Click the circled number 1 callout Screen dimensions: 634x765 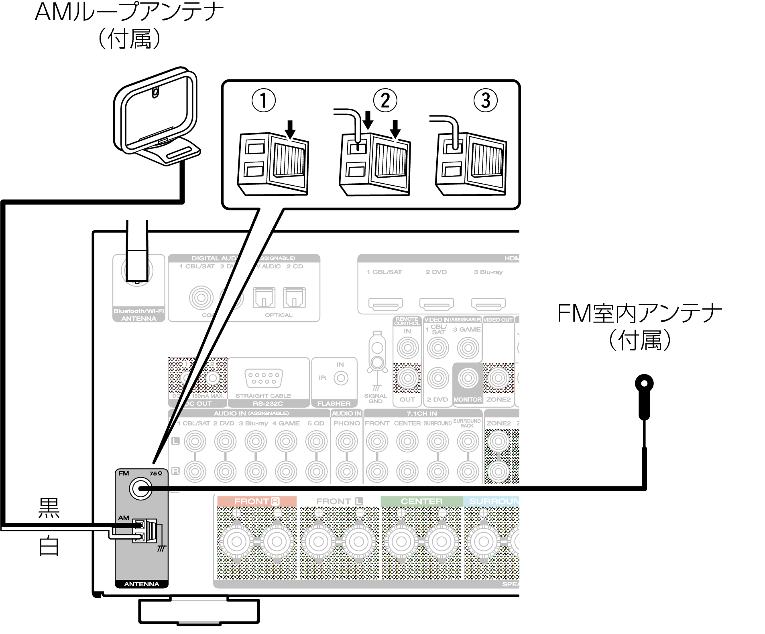(x=263, y=100)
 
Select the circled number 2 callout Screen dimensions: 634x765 (x=385, y=100)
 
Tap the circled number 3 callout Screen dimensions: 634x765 (x=485, y=100)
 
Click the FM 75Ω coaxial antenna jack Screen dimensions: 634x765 (x=140, y=489)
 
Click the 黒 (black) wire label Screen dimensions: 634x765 (x=49, y=508)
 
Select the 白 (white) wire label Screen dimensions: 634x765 (x=49, y=546)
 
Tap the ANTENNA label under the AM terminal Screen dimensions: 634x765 (x=141, y=584)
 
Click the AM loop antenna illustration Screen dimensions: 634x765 (x=157, y=116)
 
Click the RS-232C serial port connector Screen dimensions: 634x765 (x=264, y=378)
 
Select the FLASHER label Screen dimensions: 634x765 (x=334, y=403)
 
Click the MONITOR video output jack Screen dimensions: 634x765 (x=468, y=378)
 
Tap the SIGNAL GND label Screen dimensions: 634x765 (x=376, y=398)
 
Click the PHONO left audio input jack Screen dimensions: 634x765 (x=346, y=441)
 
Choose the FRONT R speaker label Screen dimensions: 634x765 (x=256, y=501)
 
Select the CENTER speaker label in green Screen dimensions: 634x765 (x=421, y=501)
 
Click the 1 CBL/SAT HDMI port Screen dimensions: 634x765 (x=385, y=304)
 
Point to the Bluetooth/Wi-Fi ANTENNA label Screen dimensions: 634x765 (x=139, y=315)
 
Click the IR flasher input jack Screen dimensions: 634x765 (x=341, y=378)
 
